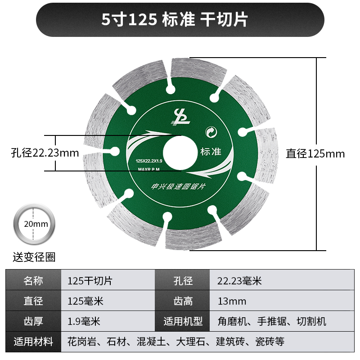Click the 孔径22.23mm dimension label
click(x=45, y=153)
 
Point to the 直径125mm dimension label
click(x=315, y=154)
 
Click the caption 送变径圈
click(x=34, y=257)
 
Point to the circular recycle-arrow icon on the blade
click(x=210, y=132)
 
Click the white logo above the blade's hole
click(x=180, y=117)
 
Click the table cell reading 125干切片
click(x=90, y=281)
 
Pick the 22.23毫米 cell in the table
click(x=239, y=281)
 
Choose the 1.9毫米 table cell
click(x=84, y=321)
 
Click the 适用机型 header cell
click(x=183, y=321)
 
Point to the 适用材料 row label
click(x=33, y=342)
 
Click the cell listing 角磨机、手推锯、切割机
click(x=271, y=321)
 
